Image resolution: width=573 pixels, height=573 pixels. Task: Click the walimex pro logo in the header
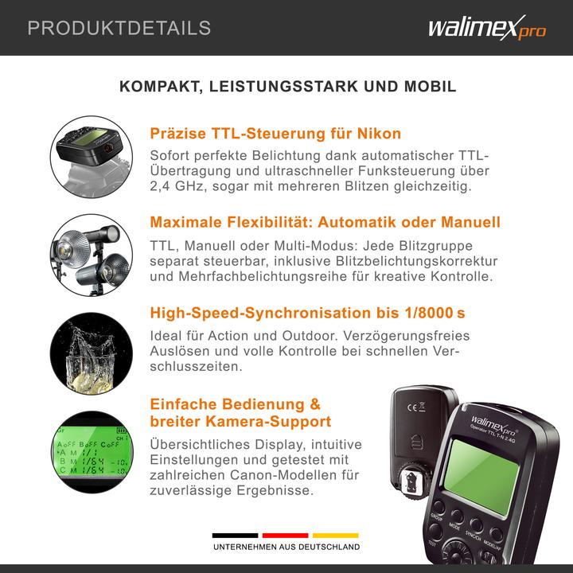coord(487,29)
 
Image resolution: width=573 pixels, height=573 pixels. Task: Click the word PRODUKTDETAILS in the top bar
coord(119,29)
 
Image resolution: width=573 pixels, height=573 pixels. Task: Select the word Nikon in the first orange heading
coord(376,133)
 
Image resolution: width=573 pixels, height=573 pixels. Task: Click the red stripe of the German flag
coord(286,536)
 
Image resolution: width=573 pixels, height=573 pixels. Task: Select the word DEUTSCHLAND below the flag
coord(328,548)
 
